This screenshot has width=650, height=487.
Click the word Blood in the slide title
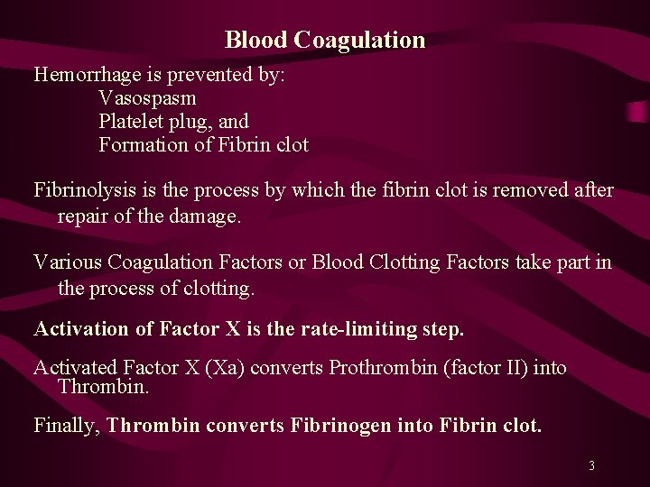[256, 41]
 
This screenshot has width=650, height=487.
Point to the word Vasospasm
[147, 97]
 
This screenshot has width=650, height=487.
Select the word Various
[68, 262]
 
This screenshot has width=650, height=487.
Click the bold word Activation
[82, 329]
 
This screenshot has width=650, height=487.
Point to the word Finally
[67, 426]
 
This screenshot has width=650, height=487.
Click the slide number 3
[591, 466]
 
